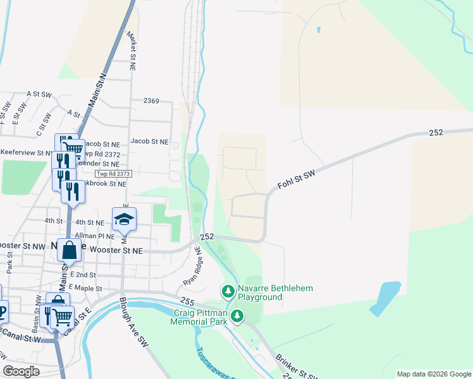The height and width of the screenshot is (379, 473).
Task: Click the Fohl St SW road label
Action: (x=296, y=179)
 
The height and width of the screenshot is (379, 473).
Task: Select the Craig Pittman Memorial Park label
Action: (x=199, y=317)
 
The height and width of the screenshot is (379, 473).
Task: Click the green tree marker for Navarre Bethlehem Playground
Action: (x=227, y=292)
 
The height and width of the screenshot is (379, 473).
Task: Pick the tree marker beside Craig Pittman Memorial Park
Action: (x=237, y=315)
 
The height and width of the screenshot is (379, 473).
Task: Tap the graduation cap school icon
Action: (x=124, y=219)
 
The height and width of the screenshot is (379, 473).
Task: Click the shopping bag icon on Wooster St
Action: (x=69, y=250)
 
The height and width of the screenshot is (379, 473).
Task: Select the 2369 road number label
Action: (x=151, y=101)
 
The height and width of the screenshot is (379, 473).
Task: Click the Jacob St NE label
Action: (x=150, y=142)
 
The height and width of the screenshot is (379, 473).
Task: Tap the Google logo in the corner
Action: (x=21, y=371)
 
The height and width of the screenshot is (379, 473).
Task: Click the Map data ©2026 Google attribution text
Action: (x=434, y=374)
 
